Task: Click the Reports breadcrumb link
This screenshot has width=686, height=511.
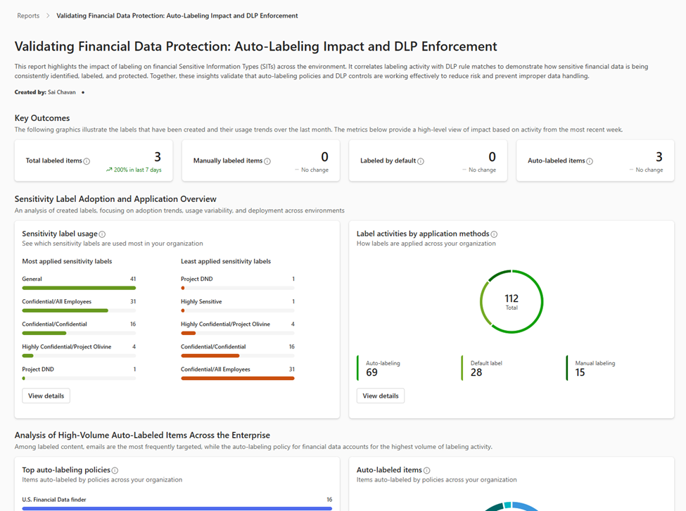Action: coord(28,15)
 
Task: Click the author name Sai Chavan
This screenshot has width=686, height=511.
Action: coord(62,92)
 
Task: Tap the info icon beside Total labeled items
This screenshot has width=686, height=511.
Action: coord(87,161)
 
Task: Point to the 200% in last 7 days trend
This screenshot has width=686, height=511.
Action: coord(134,170)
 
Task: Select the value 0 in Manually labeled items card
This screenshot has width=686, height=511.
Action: coord(324,157)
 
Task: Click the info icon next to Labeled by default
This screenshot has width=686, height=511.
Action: coord(421,161)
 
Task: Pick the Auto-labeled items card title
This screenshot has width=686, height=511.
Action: coord(556,160)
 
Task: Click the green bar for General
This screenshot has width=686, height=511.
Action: coord(79,288)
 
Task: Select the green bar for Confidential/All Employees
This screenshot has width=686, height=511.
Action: coord(65,310)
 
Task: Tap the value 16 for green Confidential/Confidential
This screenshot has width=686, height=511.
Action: coord(133,324)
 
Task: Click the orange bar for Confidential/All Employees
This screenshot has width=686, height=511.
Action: coord(237,378)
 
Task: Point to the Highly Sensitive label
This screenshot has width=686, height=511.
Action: coord(201,301)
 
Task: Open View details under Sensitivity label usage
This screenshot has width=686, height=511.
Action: coord(46,396)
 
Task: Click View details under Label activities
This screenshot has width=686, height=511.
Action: coord(380,396)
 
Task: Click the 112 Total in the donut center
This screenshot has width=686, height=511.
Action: coord(512,301)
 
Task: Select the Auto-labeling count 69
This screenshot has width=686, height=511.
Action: coord(371,372)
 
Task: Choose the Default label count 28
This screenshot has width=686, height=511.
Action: coord(476,372)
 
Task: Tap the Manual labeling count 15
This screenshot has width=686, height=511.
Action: coord(580,372)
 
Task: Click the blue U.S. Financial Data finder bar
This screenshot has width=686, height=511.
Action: coord(177,507)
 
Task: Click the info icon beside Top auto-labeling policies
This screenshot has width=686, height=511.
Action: coord(115,470)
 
